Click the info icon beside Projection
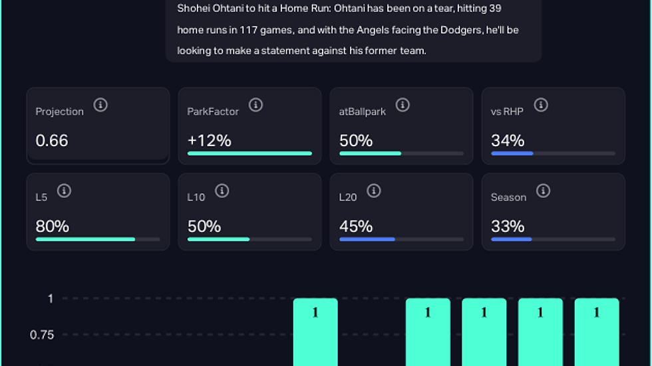[100, 105]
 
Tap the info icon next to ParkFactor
[255, 105]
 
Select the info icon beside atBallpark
[403, 105]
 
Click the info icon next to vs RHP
[541, 105]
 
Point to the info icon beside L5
[64, 191]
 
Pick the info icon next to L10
[222, 191]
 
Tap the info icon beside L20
[374, 191]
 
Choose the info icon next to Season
[544, 191]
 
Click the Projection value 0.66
[52, 141]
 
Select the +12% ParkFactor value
[209, 141]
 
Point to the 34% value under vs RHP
[508, 141]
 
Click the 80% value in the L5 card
[53, 227]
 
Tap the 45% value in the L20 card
[356, 227]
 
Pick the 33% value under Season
[508, 227]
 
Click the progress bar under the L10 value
[249, 239]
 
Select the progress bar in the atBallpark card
[401, 153]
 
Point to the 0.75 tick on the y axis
[42, 335]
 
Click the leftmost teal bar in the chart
[315, 332]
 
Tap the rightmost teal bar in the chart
[597, 332]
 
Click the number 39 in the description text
[494, 9]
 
